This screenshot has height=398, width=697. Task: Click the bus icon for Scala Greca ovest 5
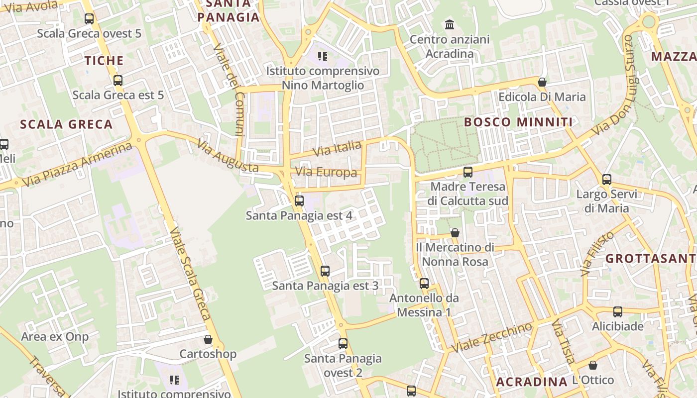(89, 19)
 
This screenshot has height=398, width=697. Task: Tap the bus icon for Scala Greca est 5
(118, 80)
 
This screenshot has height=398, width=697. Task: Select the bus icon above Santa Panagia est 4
(299, 201)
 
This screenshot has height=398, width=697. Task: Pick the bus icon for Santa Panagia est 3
(325, 271)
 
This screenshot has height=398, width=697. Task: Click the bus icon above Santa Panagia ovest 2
(343, 344)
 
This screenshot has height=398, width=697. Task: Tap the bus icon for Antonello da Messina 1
(424, 284)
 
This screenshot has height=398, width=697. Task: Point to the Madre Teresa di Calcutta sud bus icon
(468, 172)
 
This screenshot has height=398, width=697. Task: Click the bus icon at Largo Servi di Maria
(607, 180)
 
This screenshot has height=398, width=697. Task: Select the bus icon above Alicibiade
(618, 312)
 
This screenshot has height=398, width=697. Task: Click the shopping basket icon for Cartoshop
(208, 339)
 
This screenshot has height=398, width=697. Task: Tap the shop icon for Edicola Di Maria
(542, 82)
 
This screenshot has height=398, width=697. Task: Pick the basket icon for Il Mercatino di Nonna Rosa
(455, 233)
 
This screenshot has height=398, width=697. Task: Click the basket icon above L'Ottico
(593, 365)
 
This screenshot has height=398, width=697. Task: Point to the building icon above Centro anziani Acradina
(450, 24)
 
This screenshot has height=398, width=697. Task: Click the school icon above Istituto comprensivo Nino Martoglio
(323, 56)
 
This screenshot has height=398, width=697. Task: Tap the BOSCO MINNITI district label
(518, 122)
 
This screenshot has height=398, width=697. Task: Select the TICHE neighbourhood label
(104, 61)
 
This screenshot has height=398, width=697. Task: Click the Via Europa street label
(326, 173)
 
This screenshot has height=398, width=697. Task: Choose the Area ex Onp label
(55, 337)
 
